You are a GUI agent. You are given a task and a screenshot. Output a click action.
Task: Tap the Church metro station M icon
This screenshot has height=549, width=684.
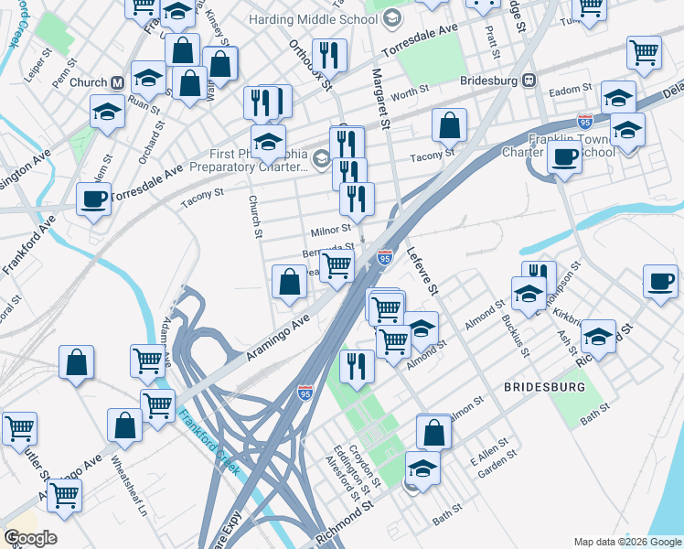[x=117, y=82]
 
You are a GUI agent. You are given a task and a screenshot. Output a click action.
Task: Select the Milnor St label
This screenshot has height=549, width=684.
[x=330, y=230]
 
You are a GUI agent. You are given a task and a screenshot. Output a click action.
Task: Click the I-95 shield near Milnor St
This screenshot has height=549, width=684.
[x=385, y=259]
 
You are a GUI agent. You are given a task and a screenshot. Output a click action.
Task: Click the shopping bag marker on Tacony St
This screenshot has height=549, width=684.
[x=449, y=125]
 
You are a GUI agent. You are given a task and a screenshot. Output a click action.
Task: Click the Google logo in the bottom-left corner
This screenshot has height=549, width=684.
[x=30, y=537]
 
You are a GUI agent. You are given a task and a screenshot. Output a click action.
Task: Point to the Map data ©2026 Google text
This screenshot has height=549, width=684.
[x=627, y=542]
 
